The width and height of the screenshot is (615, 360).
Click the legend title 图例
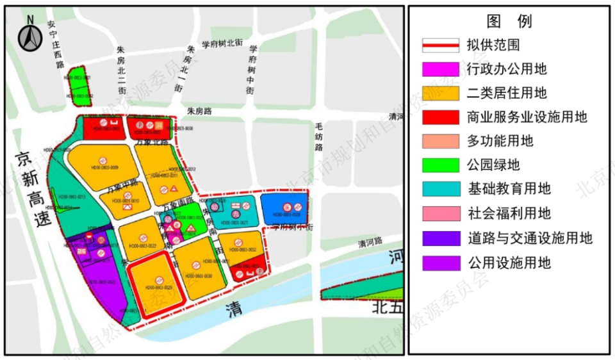pyautogui.click(x=509, y=21)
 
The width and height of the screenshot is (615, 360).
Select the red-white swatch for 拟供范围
pyautogui.click(x=440, y=45)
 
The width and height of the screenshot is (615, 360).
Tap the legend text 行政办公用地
pyautogui.click(x=507, y=69)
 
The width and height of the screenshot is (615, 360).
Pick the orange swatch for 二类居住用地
pyautogui.click(x=440, y=93)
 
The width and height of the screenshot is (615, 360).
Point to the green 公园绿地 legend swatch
pyautogui.click(x=440, y=165)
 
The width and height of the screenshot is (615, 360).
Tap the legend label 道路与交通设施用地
pyautogui.click(x=529, y=238)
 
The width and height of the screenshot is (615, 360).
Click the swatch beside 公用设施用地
pyautogui.click(x=440, y=263)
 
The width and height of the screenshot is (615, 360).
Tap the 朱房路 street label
pyautogui.click(x=199, y=111)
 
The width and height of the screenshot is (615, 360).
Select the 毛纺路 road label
pyautogui.click(x=318, y=137)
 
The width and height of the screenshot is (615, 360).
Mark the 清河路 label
pyautogui.click(x=370, y=241)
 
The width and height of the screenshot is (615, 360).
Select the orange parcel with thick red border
pyautogui.click(x=156, y=284)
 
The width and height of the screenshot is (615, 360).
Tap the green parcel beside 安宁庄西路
pyautogui.click(x=80, y=86)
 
